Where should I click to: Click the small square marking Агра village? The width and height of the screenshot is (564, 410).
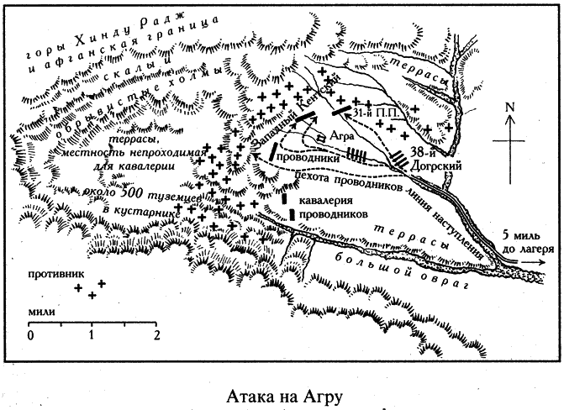[321, 137]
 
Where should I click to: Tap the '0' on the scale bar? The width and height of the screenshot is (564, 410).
[29, 335]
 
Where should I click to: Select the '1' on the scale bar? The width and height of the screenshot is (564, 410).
[93, 335]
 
